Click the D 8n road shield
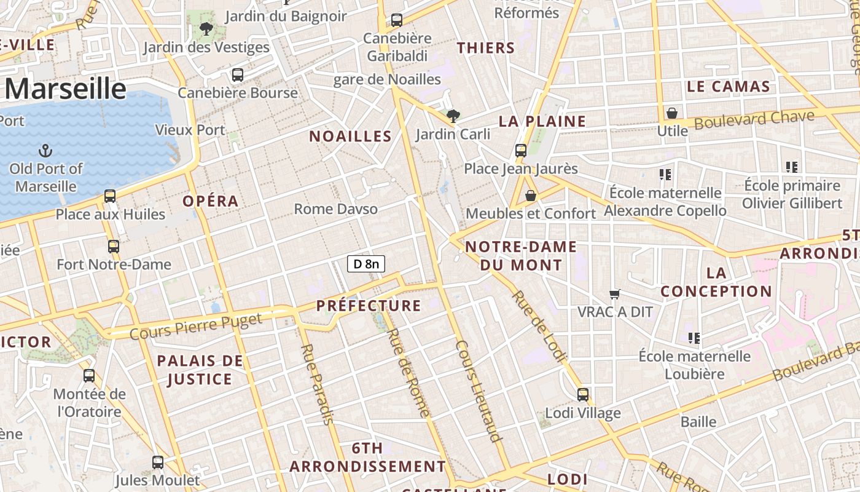tap(366, 264)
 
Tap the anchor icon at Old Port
tap(45, 151)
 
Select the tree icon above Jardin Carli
tap(453, 116)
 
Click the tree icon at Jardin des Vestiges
tap(206, 28)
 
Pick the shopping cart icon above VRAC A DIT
tap(614, 295)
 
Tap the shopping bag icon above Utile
tap(672, 114)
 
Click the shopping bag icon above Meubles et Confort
tap(531, 196)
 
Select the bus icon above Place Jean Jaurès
tap(521, 150)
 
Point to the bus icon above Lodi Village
tap(583, 394)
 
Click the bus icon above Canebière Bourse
tap(238, 75)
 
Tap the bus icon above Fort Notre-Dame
tap(114, 247)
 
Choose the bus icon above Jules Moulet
tap(158, 462)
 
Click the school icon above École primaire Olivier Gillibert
tap(792, 167)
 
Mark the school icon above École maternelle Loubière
tap(694, 338)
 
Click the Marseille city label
tap(65, 89)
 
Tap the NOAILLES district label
tap(350, 137)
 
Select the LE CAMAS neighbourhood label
tap(729, 87)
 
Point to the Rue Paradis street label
tap(316, 384)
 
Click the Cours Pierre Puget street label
tap(195, 326)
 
